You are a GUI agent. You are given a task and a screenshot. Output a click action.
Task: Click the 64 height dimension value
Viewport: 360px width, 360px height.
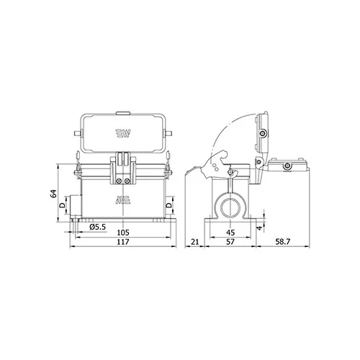tap(53, 194)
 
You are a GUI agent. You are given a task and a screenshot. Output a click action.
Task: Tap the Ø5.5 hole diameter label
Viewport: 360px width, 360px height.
tap(98, 227)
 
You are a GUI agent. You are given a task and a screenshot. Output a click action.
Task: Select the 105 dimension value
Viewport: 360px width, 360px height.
tap(123, 233)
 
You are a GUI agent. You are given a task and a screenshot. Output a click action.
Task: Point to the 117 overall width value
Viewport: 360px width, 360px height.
tap(123, 242)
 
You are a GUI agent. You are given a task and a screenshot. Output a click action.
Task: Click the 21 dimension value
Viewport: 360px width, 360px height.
tap(194, 242)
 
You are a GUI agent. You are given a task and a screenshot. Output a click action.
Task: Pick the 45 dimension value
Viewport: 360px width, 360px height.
tap(230, 233)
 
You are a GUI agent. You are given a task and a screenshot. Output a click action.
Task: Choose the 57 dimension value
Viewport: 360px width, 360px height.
tap(230, 242)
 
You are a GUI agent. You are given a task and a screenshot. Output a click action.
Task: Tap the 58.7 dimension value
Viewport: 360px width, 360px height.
tap(282, 242)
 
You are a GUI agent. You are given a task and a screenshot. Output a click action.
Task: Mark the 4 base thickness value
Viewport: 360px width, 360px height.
tap(259, 228)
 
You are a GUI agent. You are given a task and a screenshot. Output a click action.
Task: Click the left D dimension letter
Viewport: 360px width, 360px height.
tap(62, 205)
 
